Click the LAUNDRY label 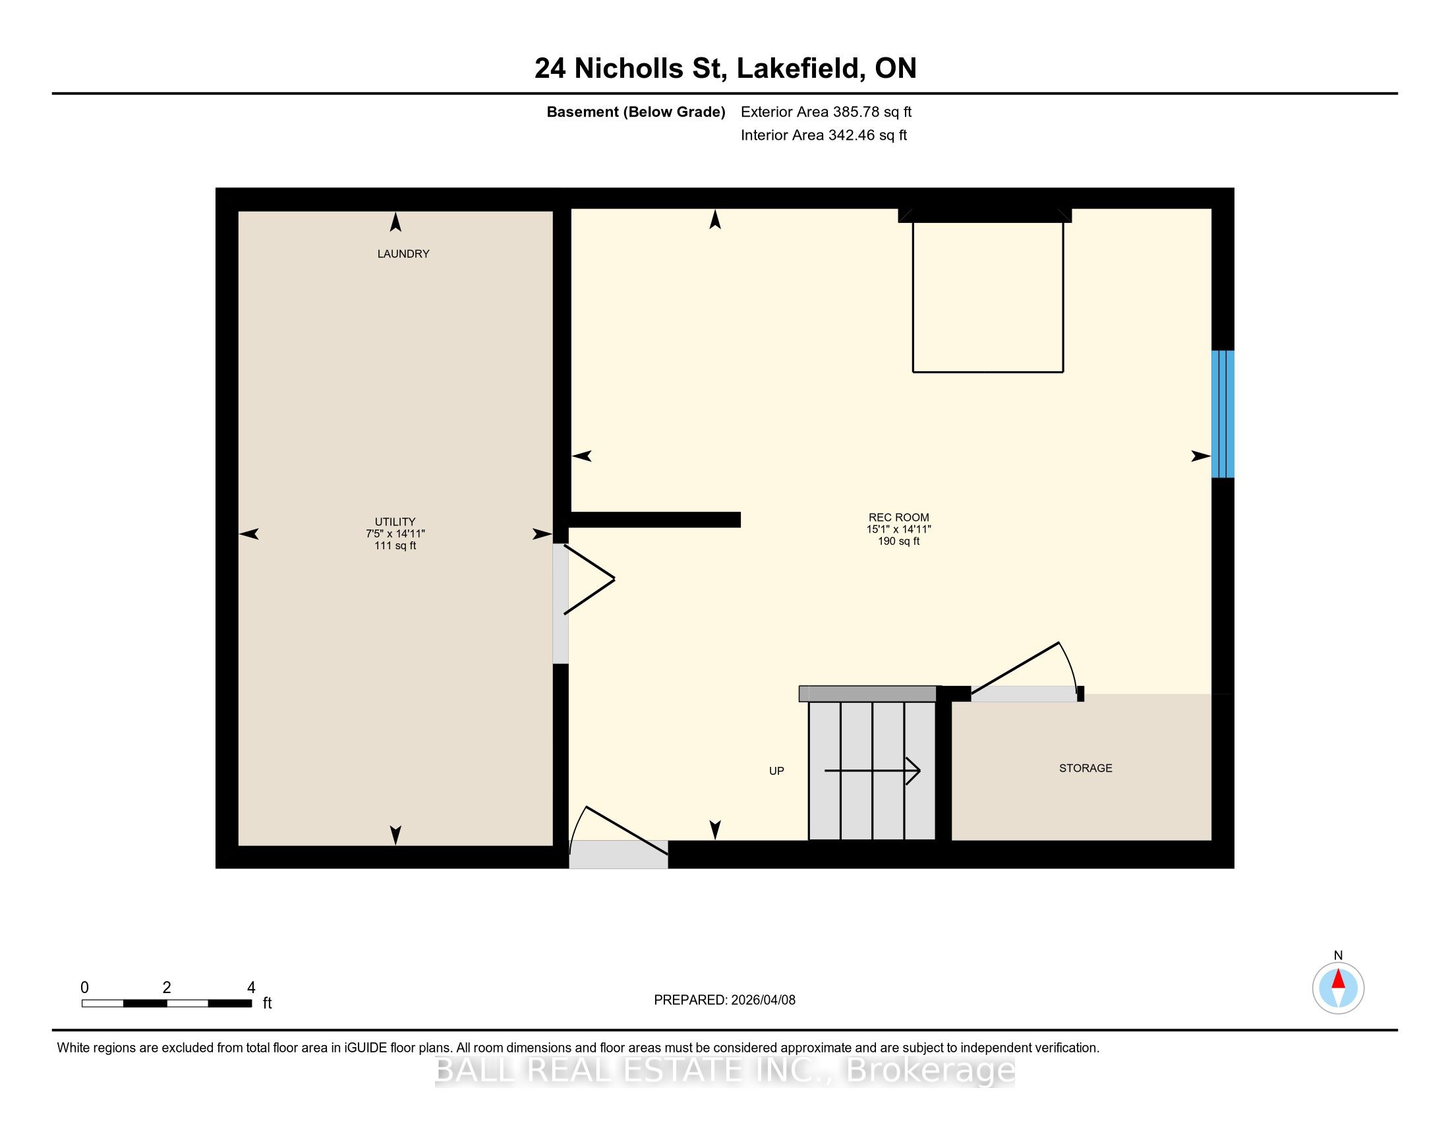(x=403, y=254)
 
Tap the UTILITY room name (x=395, y=522)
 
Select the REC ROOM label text (x=899, y=518)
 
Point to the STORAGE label (x=1086, y=768)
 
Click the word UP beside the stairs (x=777, y=771)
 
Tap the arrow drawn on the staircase (x=873, y=771)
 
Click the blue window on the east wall (x=1223, y=413)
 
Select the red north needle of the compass (x=1339, y=979)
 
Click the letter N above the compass (x=1339, y=955)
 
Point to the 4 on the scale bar (x=251, y=988)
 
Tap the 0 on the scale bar (x=85, y=988)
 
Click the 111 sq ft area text (x=395, y=546)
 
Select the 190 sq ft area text (x=899, y=541)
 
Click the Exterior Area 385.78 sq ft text (x=826, y=112)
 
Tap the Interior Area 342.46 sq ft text (x=824, y=135)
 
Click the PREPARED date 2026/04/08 (x=763, y=1000)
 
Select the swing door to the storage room (x=1026, y=671)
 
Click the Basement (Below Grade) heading (x=636, y=112)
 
